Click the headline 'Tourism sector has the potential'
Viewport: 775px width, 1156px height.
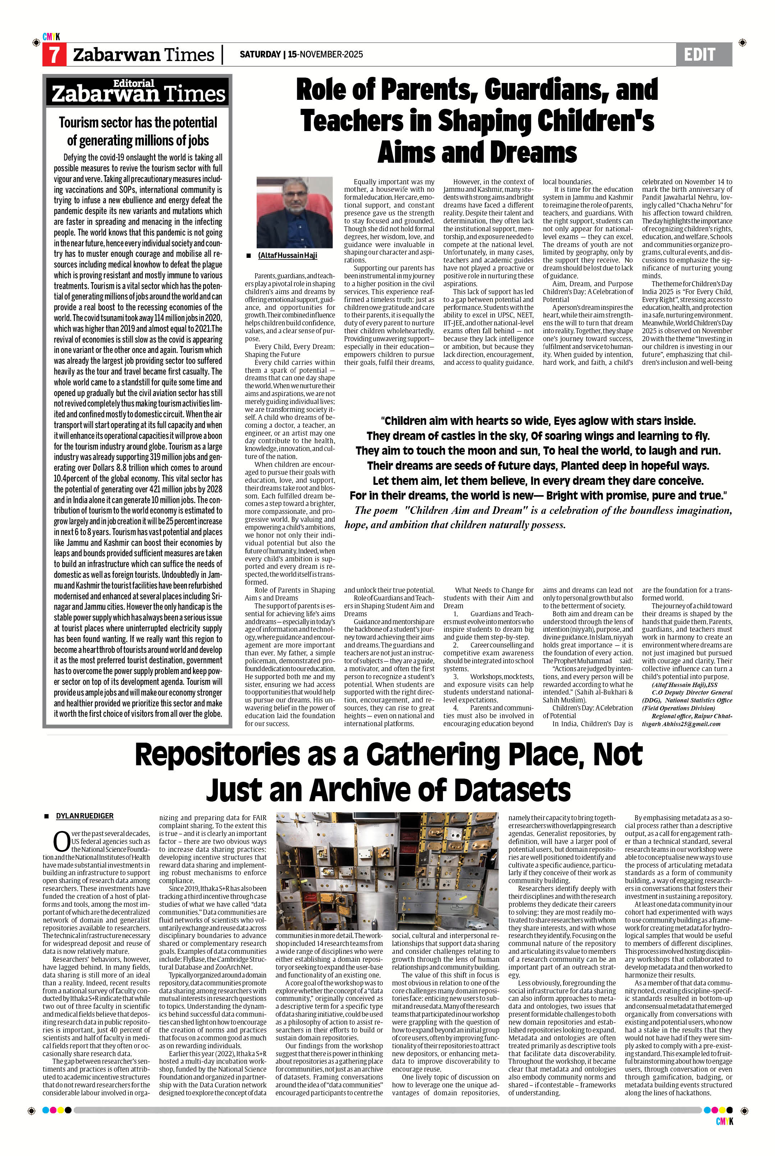(x=138, y=122)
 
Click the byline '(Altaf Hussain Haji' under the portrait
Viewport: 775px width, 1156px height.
(x=287, y=255)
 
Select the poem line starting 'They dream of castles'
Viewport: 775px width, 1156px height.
(x=538, y=436)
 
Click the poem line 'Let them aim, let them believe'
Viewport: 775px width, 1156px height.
(x=538, y=480)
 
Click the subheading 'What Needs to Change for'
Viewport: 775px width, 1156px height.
(x=494, y=590)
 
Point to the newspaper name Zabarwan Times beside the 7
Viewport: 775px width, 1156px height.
(x=144, y=55)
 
